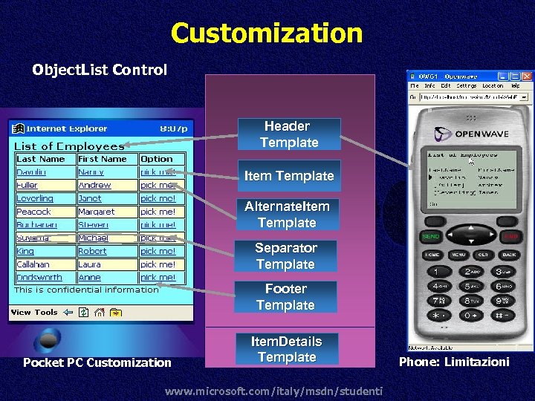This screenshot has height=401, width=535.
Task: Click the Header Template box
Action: tap(288, 134)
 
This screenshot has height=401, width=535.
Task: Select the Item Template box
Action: tap(288, 176)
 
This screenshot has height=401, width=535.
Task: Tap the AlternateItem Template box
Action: tap(287, 214)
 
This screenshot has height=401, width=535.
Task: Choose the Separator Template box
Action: tap(285, 256)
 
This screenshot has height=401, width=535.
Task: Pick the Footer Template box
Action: tap(285, 297)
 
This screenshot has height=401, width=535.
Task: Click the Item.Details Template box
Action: tap(287, 349)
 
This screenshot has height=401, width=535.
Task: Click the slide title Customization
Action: tap(267, 33)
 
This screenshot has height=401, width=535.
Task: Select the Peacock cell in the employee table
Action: tap(34, 212)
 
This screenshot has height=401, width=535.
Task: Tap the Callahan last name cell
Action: tap(33, 264)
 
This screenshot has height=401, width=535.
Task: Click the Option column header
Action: tap(157, 159)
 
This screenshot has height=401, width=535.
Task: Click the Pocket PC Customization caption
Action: tap(97, 362)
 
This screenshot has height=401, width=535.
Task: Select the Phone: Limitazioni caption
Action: tap(455, 362)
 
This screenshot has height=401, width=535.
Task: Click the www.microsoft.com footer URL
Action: tap(274, 391)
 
